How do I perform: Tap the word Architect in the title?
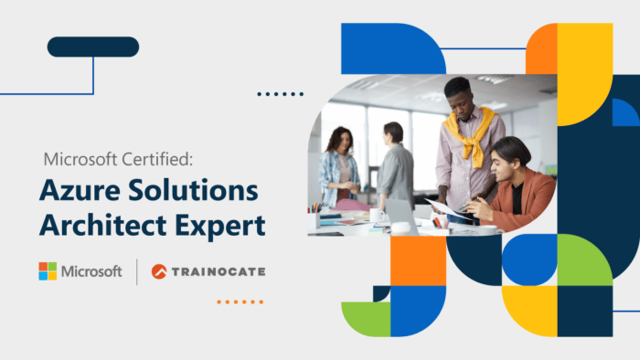(x=100, y=225)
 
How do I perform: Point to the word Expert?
(x=215, y=225)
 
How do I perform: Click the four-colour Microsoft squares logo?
(x=48, y=271)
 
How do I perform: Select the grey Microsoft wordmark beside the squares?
(x=91, y=271)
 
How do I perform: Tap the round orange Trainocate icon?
(x=160, y=271)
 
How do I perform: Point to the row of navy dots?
(x=280, y=93)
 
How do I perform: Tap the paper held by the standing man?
(x=448, y=208)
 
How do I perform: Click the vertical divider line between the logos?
(x=137, y=271)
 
